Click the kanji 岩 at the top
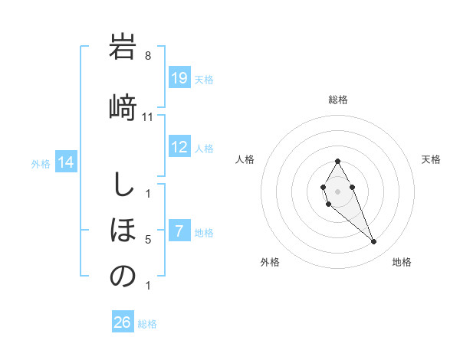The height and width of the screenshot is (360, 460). click(x=123, y=47)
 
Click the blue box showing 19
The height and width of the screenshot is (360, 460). click(x=179, y=78)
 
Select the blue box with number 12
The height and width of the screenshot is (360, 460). click(x=179, y=147)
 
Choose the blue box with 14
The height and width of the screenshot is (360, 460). click(x=66, y=162)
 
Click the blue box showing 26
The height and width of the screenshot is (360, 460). click(x=123, y=322)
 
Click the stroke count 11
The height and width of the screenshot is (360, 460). click(x=148, y=116)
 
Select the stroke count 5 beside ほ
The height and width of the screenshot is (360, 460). click(x=148, y=240)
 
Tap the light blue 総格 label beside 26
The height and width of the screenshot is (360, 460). click(x=148, y=324)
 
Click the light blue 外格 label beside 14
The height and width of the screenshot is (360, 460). click(x=41, y=163)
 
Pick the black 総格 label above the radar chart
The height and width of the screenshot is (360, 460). click(x=338, y=100)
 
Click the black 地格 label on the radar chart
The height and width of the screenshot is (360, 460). click(x=402, y=262)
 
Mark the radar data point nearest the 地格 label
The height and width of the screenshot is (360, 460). click(x=373, y=242)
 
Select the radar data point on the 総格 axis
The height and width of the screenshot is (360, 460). click(x=338, y=161)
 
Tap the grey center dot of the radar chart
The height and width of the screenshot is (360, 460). click(x=338, y=191)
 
